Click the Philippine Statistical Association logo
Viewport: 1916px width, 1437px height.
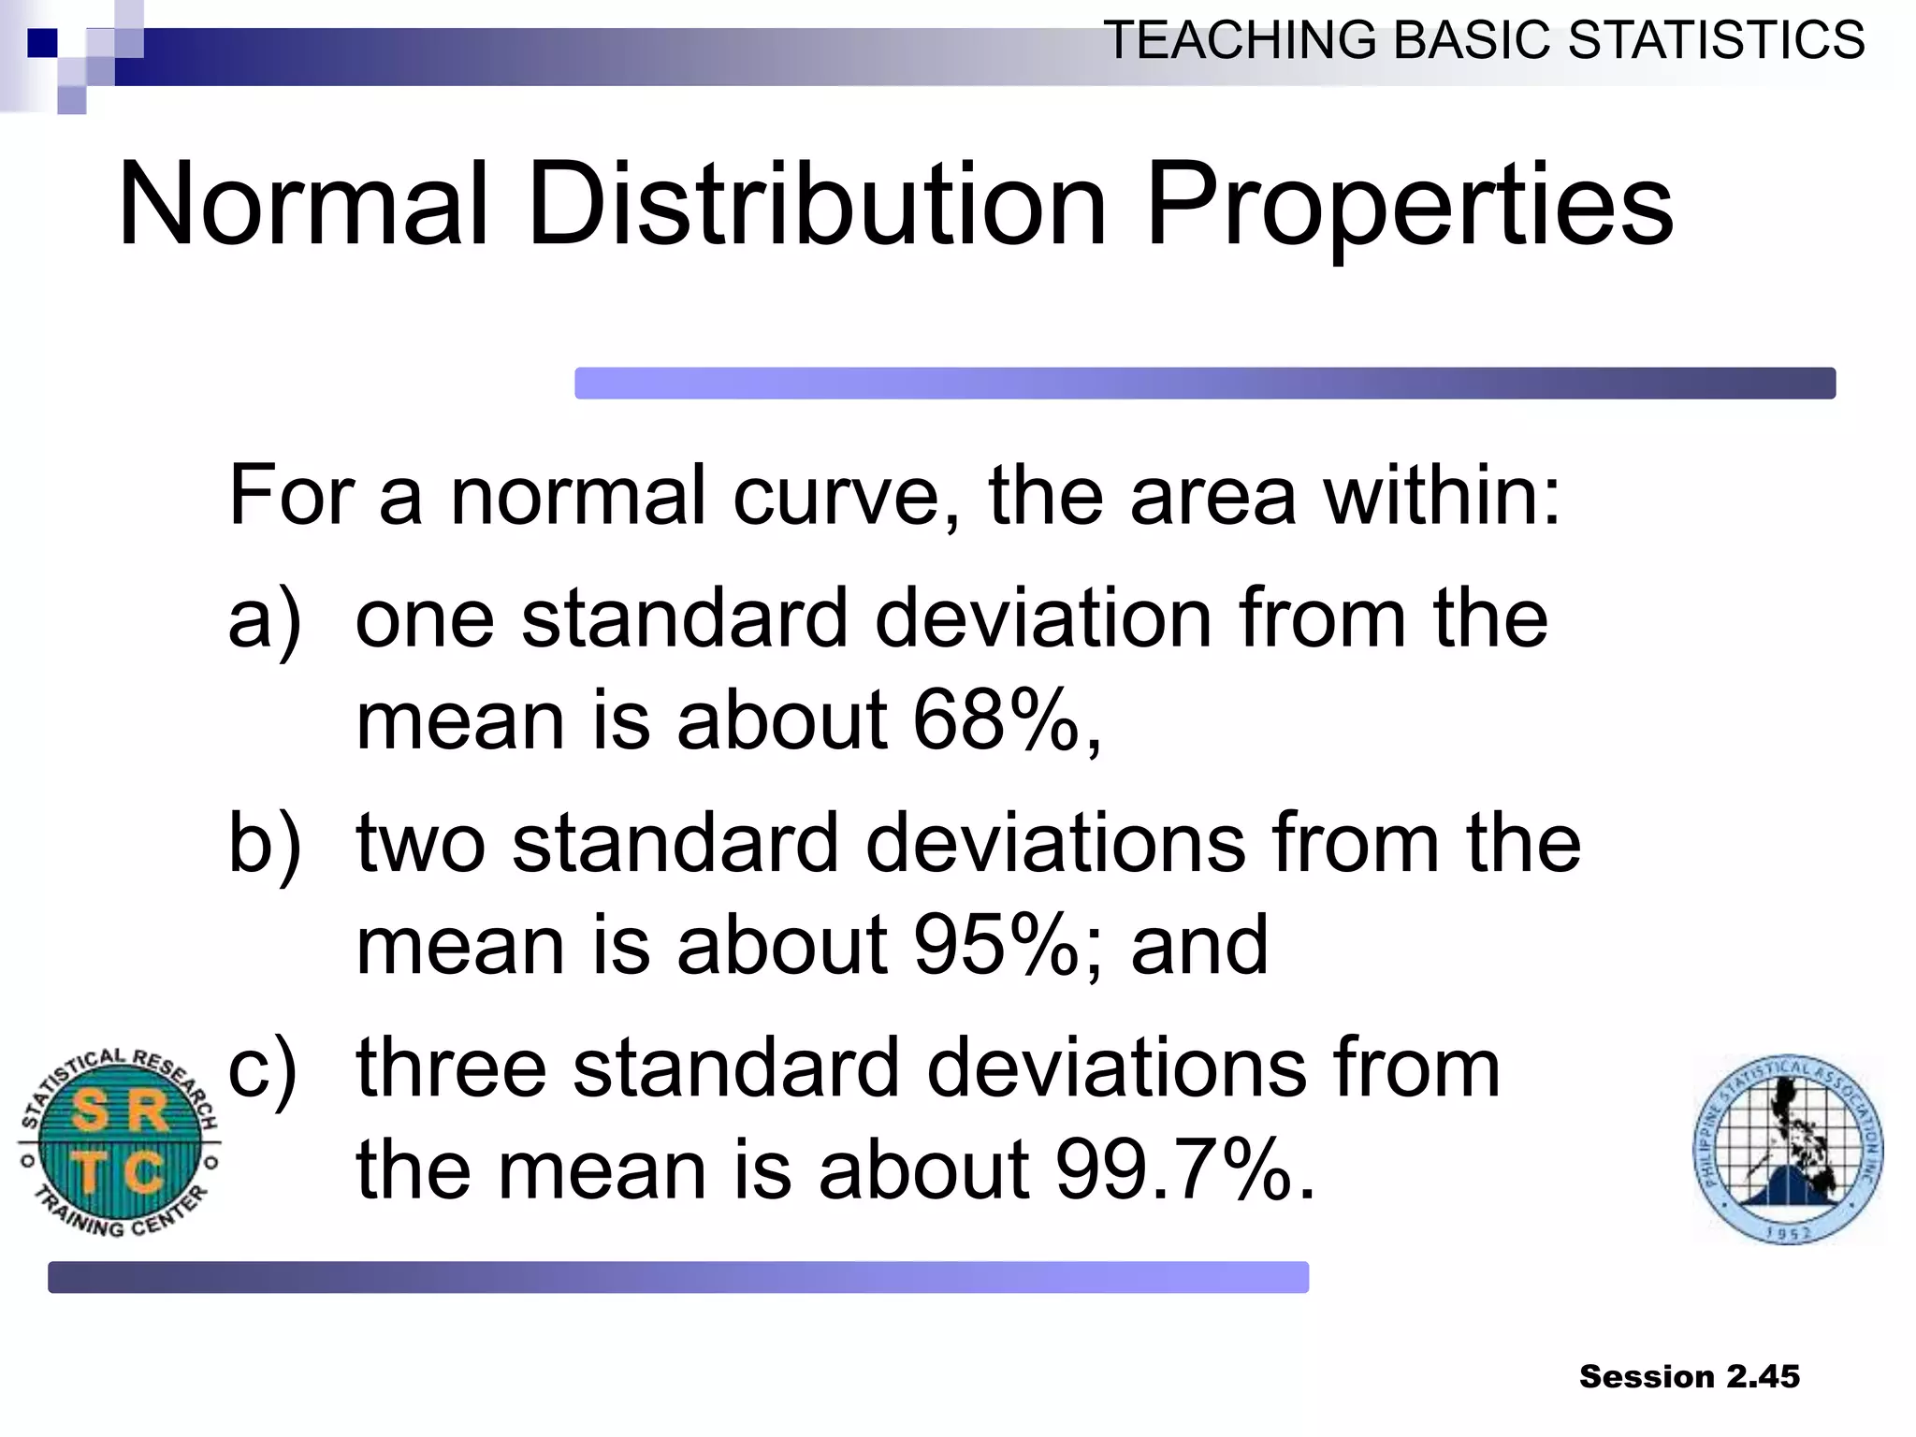tap(1788, 1149)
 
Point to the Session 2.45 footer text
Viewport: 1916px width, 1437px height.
tap(1689, 1376)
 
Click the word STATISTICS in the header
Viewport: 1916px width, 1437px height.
tap(1716, 41)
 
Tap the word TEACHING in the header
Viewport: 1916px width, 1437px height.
tap(1241, 41)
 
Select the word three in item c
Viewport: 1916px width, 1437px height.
tap(451, 1067)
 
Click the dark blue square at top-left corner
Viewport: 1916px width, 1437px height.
tap(42, 43)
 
